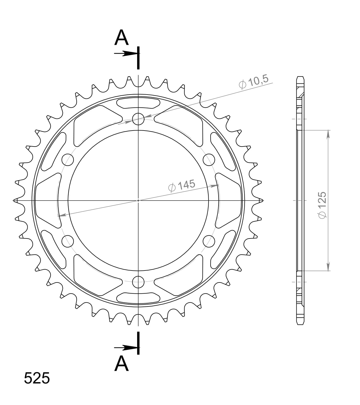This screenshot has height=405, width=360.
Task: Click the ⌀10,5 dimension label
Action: coord(253,83)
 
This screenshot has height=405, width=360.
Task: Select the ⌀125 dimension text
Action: coord(322,205)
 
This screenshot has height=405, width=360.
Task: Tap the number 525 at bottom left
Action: coord(37,378)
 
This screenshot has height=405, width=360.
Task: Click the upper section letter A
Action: coord(121,38)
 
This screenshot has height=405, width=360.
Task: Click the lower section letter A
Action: coord(121,364)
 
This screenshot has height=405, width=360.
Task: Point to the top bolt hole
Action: coord(139,119)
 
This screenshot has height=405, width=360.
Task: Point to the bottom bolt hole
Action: coord(139,282)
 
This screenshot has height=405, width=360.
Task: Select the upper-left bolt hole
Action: coord(68,160)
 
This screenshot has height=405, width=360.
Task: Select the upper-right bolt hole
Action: coord(209,160)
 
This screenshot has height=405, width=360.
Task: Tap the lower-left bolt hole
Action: coord(68,241)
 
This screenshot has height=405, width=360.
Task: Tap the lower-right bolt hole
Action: coord(209,241)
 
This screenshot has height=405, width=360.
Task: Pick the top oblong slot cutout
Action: coord(139,103)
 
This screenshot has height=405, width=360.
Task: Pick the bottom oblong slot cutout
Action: coord(139,298)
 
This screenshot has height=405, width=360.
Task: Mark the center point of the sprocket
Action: coord(139,200)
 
